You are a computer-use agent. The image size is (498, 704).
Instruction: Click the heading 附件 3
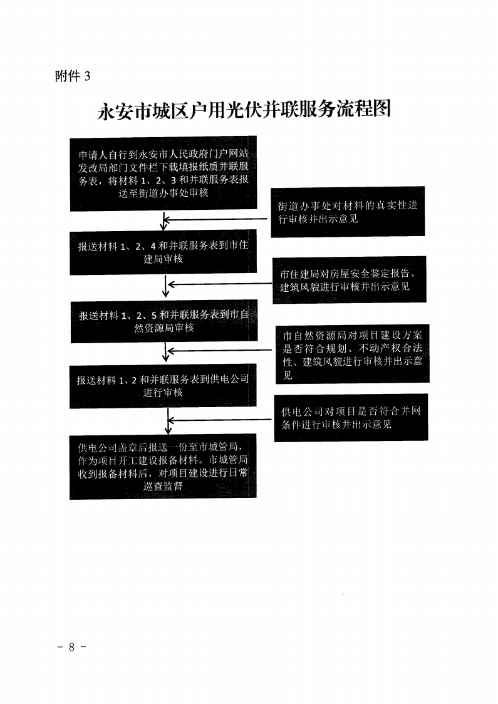(72, 76)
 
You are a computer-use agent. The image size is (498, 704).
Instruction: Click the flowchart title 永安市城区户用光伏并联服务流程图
(244, 110)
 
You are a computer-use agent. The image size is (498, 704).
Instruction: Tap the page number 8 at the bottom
(71, 647)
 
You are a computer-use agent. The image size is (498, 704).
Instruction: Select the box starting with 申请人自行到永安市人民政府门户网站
(163, 173)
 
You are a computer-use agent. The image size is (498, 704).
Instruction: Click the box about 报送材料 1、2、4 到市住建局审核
(163, 252)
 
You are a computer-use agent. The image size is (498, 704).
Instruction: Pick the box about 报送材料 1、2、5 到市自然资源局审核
(164, 321)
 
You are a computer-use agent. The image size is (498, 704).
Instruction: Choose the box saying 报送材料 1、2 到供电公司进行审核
(163, 386)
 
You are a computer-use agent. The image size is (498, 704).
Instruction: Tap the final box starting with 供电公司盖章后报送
(163, 466)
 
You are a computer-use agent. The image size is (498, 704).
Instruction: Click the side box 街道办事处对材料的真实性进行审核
(348, 212)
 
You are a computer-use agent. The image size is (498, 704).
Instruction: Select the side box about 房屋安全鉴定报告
(350, 280)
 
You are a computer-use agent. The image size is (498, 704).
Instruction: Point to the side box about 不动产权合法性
(353, 354)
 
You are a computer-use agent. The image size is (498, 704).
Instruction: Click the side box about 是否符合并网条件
(351, 418)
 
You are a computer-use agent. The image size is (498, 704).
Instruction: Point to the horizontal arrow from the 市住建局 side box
(220, 284)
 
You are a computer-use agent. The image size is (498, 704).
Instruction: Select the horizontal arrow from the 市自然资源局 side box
(219, 350)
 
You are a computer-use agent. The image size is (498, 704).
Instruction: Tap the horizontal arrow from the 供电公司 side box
(219, 420)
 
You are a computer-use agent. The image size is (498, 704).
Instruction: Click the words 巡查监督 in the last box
(163, 486)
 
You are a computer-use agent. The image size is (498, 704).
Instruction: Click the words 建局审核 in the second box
(163, 259)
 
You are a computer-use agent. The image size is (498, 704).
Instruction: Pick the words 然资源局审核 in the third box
(164, 328)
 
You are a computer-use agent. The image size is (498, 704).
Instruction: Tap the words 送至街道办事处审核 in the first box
(163, 193)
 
